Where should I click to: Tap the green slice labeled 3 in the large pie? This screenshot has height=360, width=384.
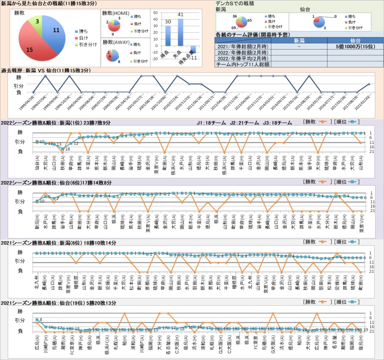tap(37, 22)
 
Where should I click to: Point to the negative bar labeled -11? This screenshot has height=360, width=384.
tap(193, 49)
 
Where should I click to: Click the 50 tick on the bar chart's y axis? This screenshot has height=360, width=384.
tap(156, 12)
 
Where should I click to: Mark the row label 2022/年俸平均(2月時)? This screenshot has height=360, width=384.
tap(242, 58)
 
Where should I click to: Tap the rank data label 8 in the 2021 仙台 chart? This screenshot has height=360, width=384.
tap(41, 319)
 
